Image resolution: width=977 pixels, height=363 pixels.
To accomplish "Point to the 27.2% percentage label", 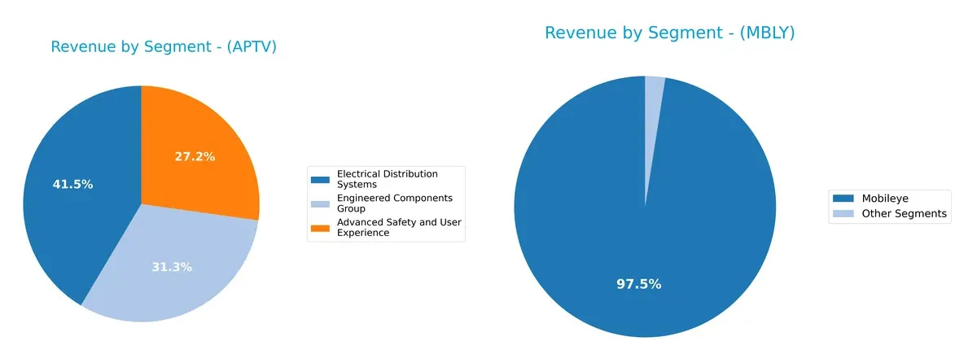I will [195, 156].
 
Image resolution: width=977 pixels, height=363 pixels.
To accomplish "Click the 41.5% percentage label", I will [72, 185].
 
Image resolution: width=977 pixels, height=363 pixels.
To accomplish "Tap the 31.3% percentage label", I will [172, 267].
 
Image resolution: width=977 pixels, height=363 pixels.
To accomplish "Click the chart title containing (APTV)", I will [164, 47].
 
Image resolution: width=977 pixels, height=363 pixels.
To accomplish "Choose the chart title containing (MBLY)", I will [669, 33].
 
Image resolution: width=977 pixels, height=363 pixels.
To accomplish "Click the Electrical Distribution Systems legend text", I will [387, 179].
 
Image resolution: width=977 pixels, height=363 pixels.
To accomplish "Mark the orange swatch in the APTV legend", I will [321, 228].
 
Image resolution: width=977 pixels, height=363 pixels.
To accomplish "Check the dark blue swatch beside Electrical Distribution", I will [321, 180].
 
